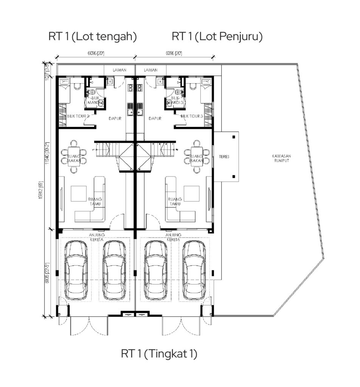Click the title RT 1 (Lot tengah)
pos(93,37)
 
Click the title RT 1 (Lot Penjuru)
pos(217,37)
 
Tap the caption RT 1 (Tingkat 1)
pos(159,354)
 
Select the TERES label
pos(223,156)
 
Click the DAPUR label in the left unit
pos(115,118)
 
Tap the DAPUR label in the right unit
pos(155,118)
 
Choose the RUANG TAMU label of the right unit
pos(174,201)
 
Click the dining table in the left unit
pos(74,156)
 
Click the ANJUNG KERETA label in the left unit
pos(97,237)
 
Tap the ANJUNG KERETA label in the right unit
pos(174,237)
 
